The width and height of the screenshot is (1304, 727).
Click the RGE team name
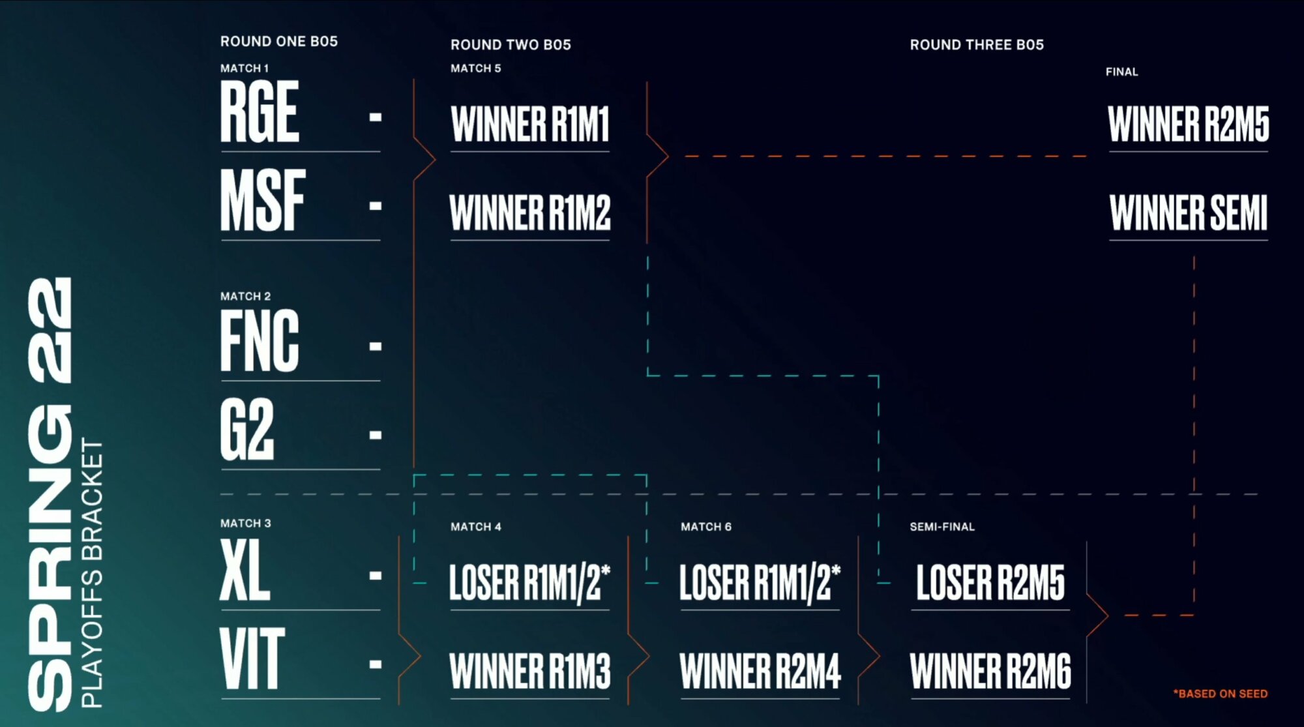pos(259,112)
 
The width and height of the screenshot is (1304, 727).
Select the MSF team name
pos(263,200)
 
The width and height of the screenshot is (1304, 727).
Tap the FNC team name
pos(259,341)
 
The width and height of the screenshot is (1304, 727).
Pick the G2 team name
pos(247,430)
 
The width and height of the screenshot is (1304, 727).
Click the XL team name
pos(245,571)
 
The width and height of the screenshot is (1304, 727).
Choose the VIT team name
pos(252,659)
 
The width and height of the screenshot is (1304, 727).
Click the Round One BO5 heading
pos(279,41)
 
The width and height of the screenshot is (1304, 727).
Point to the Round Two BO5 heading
pos(511,44)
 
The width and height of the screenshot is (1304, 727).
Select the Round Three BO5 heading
pos(977,44)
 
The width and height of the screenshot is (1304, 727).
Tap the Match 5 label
pos(475,68)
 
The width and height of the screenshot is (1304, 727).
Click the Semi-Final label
pos(942,526)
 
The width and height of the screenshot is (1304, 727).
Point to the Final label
pos(1121,72)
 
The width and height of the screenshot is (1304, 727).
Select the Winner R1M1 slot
pos(529,124)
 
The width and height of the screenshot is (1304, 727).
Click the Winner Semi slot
pos(1188,213)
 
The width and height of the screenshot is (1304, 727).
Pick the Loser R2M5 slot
pos(990,582)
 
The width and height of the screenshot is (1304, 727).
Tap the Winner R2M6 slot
pos(990,671)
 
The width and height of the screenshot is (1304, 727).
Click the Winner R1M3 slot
pos(529,671)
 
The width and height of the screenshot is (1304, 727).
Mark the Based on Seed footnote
pos(1220,694)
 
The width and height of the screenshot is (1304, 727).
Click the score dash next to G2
pos(375,434)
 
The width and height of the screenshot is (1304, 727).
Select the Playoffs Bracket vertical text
pos(92,574)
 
